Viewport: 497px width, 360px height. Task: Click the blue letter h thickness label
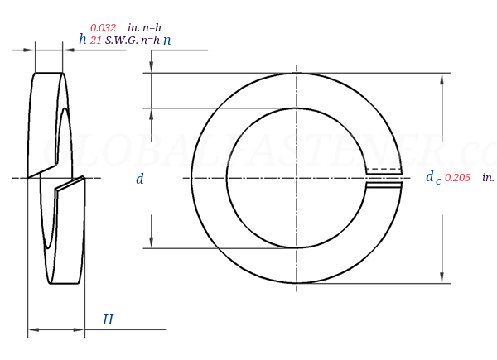coord(82,39)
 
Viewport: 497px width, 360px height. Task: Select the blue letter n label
coord(166,40)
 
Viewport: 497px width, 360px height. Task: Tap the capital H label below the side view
coord(108,319)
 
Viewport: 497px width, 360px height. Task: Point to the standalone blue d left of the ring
coord(140,179)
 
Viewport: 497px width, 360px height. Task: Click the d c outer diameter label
coord(432,177)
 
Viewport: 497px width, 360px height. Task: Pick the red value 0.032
coord(103,27)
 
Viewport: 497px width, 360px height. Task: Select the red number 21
coord(95,40)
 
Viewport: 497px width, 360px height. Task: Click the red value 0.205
coord(457,177)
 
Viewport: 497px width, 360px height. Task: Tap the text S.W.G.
coord(121,40)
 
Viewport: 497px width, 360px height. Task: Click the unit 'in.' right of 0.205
coord(488,177)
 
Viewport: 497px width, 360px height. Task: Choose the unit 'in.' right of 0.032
coord(133,27)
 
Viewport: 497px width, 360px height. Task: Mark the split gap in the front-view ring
coord(384,178)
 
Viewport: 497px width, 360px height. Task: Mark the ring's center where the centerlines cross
coord(297,178)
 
